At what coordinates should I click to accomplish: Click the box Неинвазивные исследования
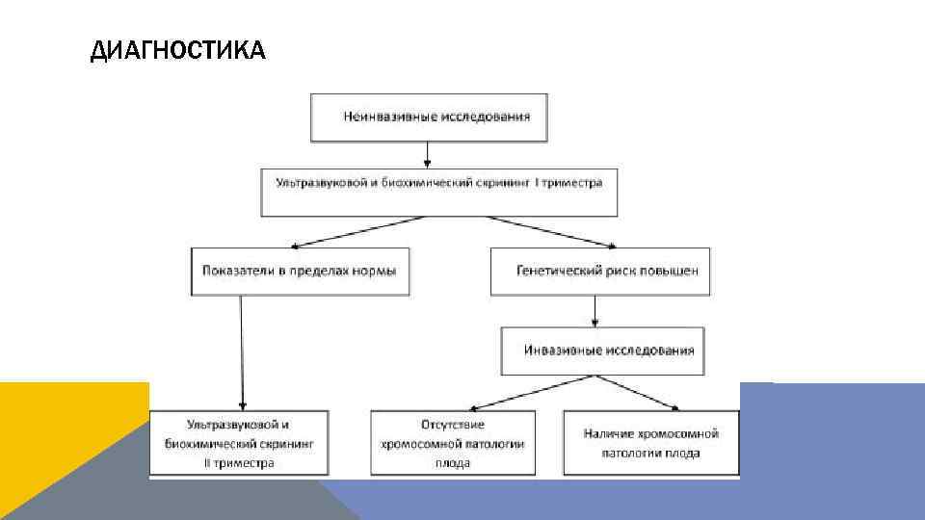pos(428,117)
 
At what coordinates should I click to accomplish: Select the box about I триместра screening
pos(438,193)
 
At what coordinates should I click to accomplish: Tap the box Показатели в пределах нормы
pos(299,272)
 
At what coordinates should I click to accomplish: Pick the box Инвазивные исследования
pos(602,351)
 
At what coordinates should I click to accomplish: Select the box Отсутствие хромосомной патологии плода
pos(453,443)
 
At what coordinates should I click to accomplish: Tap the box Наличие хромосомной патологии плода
pos(650,443)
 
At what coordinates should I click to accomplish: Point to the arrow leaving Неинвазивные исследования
pos(427,154)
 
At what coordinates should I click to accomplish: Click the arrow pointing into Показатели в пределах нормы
pos(357,231)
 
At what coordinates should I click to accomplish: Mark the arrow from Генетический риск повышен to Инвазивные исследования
pos(596,311)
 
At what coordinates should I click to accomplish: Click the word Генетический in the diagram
pos(556,272)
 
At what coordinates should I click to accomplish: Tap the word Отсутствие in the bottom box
pos(452,425)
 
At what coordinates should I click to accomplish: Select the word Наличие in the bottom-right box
pos(608,434)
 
